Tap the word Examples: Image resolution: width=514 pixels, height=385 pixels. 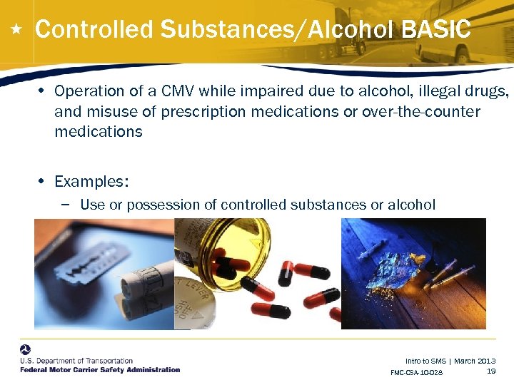91,182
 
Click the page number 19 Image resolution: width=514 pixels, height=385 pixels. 490,371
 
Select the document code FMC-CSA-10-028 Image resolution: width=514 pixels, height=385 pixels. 416,373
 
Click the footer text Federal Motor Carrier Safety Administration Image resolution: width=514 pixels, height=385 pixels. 100,370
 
